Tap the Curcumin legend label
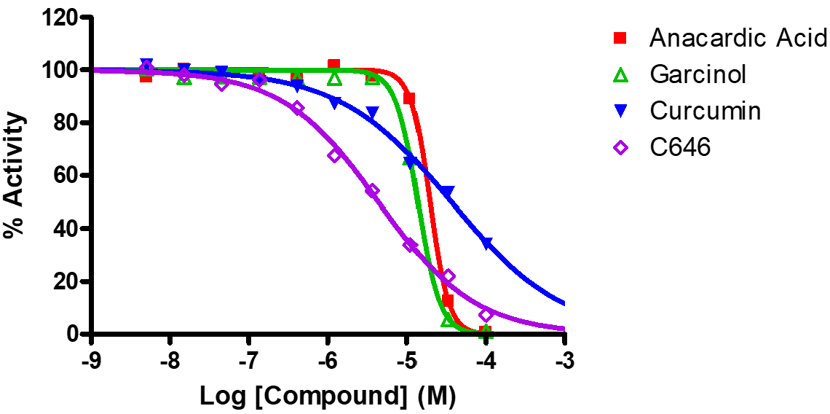705,111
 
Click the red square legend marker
620,37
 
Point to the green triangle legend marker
620,74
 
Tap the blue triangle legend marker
620,111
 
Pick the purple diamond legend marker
620,147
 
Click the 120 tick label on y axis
60,17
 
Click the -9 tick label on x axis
90,361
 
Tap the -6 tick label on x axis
328,361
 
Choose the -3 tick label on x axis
564,361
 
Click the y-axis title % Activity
15,176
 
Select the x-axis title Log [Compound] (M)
328,397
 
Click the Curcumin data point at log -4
486,243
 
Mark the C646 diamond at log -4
486,315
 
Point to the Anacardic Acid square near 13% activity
448,300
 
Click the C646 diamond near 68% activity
335,155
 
